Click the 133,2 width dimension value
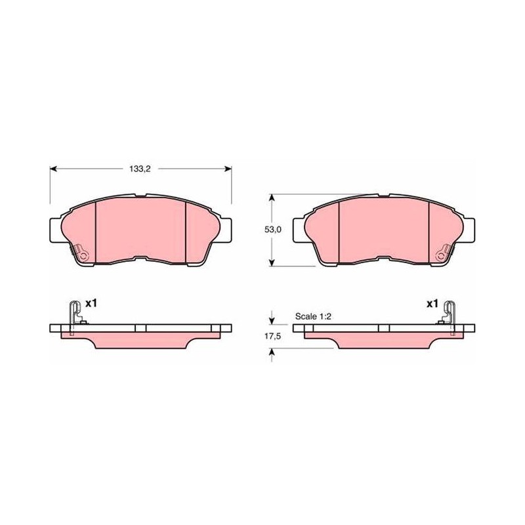pyautogui.click(x=140, y=169)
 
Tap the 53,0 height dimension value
pyautogui.click(x=273, y=230)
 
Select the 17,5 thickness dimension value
pyautogui.click(x=272, y=337)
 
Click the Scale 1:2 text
pyautogui.click(x=313, y=316)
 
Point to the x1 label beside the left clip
pyautogui.click(x=91, y=304)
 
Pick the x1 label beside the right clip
pyautogui.click(x=432, y=304)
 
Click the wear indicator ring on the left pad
pyautogui.click(x=83, y=257)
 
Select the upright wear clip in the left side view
pyautogui.click(x=74, y=318)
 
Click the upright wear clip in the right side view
pyautogui.click(x=450, y=318)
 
